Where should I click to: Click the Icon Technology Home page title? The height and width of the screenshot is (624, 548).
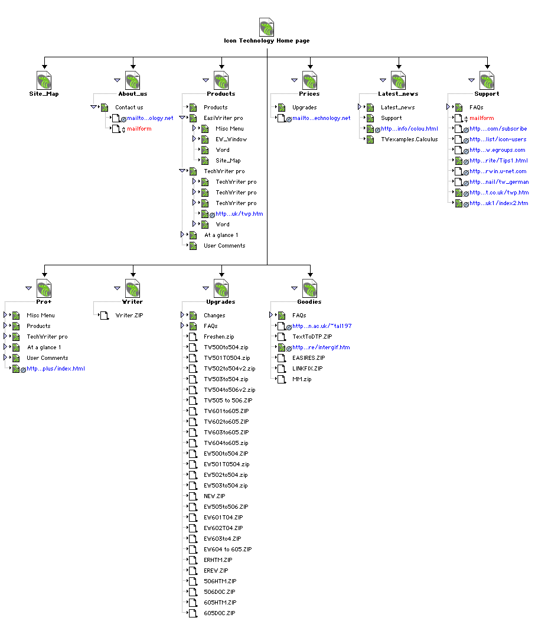point(266,41)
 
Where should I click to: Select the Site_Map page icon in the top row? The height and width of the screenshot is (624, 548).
point(44,80)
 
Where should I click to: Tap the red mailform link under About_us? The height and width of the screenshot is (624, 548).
point(139,129)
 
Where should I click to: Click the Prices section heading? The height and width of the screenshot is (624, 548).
point(309,94)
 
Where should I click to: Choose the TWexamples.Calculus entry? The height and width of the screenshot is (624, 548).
point(409,139)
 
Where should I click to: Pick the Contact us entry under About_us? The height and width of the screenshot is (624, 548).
point(129,108)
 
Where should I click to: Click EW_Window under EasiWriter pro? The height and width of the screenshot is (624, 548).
point(231,139)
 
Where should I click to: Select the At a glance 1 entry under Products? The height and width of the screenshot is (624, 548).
point(221,235)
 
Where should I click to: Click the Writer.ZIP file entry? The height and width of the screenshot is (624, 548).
point(129,316)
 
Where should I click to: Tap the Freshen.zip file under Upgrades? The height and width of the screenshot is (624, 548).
point(218,337)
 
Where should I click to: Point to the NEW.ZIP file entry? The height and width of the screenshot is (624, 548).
point(214,496)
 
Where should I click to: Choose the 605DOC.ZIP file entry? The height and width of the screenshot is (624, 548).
point(219,613)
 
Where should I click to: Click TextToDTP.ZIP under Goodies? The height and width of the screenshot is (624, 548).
point(312,337)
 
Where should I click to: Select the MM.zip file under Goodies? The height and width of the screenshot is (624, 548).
point(302,379)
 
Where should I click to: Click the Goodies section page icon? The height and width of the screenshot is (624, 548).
point(310,288)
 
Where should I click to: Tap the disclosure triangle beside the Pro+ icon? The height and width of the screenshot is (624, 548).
point(28,288)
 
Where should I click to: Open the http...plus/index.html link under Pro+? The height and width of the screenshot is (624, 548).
point(56,369)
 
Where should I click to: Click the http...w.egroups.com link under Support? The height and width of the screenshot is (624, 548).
point(497,150)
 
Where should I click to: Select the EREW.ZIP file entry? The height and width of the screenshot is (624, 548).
point(216,571)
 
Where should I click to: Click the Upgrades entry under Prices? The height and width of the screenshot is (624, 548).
point(304,108)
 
